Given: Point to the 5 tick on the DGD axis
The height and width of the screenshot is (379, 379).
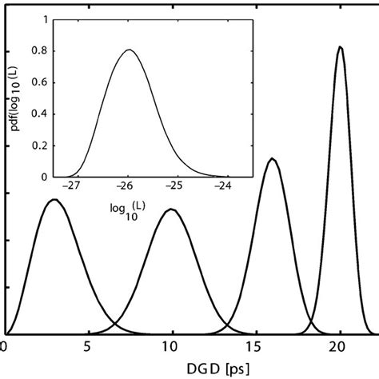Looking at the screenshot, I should pos(87,348).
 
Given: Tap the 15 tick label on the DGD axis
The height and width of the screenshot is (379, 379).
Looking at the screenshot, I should pos(253,348).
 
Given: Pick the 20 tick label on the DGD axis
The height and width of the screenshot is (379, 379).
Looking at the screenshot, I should pos(337,348).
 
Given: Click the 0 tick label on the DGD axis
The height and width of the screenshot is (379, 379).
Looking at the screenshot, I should pos(5,348).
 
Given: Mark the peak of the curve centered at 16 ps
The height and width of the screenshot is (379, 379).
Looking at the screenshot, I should pos(273,159).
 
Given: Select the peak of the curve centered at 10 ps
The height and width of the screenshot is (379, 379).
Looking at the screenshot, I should pos(170,209).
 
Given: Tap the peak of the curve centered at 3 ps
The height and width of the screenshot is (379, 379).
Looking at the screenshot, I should pos(54,200).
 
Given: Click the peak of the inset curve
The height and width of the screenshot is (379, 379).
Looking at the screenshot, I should pos(129,50).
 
